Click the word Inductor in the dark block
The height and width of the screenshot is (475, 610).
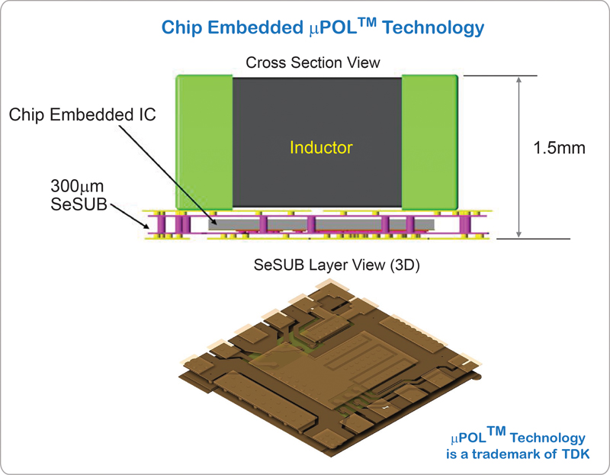click(316, 146)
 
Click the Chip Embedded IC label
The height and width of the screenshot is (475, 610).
click(82, 114)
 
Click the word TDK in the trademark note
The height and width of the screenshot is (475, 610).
click(573, 454)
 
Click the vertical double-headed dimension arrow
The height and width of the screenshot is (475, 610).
click(519, 156)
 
